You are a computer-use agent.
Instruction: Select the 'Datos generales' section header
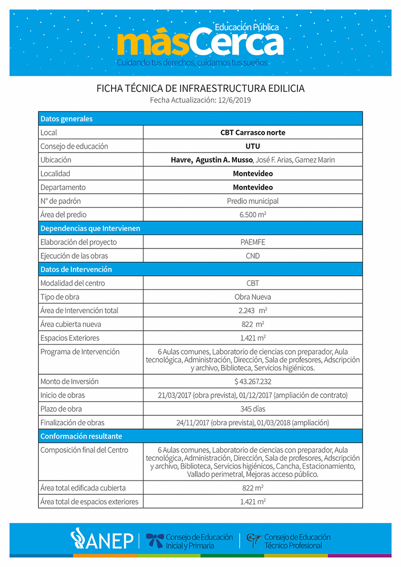click(67, 118)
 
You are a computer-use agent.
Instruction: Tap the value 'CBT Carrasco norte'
click(253, 132)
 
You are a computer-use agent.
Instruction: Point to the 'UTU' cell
click(253, 146)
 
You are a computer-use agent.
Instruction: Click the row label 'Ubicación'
click(56, 160)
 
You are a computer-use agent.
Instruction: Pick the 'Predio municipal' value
click(253, 201)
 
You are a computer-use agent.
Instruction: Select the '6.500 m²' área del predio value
click(253, 215)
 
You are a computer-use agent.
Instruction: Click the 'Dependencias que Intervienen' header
click(90, 228)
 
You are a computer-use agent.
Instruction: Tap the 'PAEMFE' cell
click(253, 242)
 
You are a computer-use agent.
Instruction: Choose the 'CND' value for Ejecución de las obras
click(253, 256)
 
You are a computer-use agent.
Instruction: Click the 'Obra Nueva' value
click(253, 297)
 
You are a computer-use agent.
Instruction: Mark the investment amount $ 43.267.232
click(253, 381)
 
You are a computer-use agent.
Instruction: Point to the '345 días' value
click(253, 409)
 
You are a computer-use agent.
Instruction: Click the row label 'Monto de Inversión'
click(70, 381)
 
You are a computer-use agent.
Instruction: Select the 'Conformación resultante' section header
click(81, 436)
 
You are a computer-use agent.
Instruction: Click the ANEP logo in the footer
click(102, 539)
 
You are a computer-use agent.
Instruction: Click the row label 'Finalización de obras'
click(73, 423)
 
